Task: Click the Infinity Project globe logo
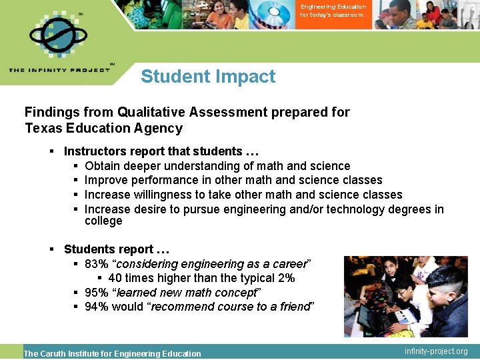point(59,35)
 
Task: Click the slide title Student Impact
point(208,77)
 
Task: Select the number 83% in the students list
point(96,263)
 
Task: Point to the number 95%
point(96,293)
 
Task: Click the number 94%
point(96,307)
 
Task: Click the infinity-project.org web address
point(436,351)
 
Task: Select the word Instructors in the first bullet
point(93,151)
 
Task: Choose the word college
point(103,221)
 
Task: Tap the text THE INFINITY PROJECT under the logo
point(59,70)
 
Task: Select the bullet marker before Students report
point(52,249)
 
